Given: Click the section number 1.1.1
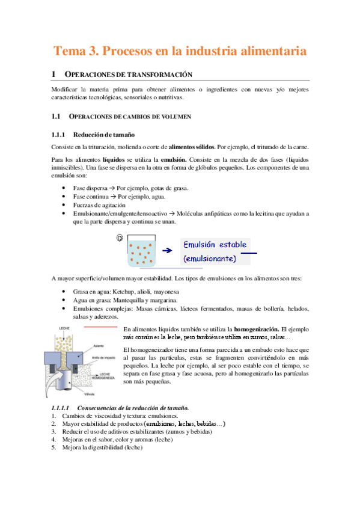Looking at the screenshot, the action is [x=59, y=134].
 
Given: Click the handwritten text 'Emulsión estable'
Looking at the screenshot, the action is [x=215, y=245].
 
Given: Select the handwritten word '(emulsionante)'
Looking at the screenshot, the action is [x=209, y=259].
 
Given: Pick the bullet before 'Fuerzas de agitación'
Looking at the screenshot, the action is [x=64, y=205].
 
